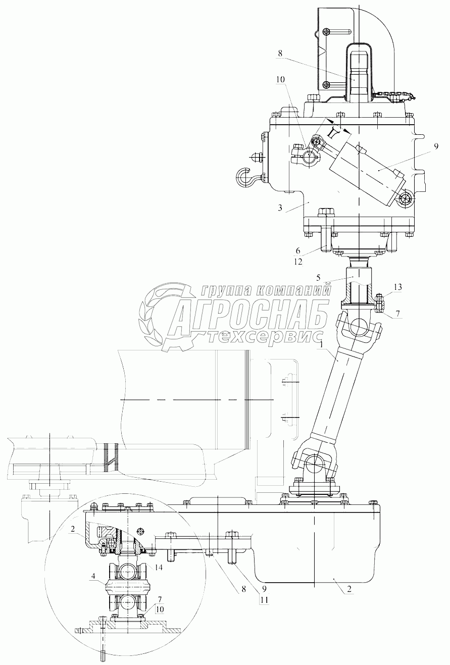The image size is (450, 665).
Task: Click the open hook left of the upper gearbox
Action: coord(244,177)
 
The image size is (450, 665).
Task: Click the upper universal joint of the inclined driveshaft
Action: coord(360,326)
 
